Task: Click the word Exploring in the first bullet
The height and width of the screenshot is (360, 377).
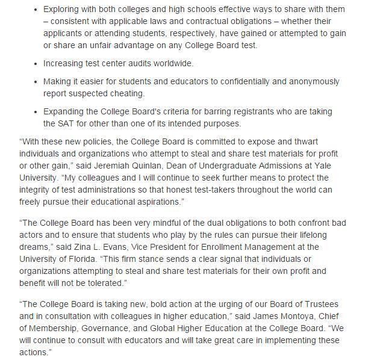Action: point(63,9)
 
